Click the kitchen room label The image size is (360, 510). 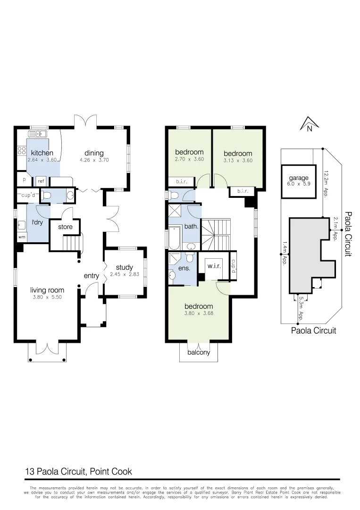42,153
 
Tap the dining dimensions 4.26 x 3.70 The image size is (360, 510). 94,160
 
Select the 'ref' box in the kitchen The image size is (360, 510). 41,181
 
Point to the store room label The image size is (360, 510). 65,227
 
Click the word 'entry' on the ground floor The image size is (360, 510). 92,276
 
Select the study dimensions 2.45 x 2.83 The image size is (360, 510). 125,274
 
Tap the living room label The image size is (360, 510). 47,290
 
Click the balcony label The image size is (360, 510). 199,352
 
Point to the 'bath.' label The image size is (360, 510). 191,226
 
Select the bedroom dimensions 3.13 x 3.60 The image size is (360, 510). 238,161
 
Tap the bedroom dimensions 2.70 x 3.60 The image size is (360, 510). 189,159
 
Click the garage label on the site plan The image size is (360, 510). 299,178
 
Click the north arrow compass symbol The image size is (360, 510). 306,124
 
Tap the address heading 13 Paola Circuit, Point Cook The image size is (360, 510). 78,471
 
